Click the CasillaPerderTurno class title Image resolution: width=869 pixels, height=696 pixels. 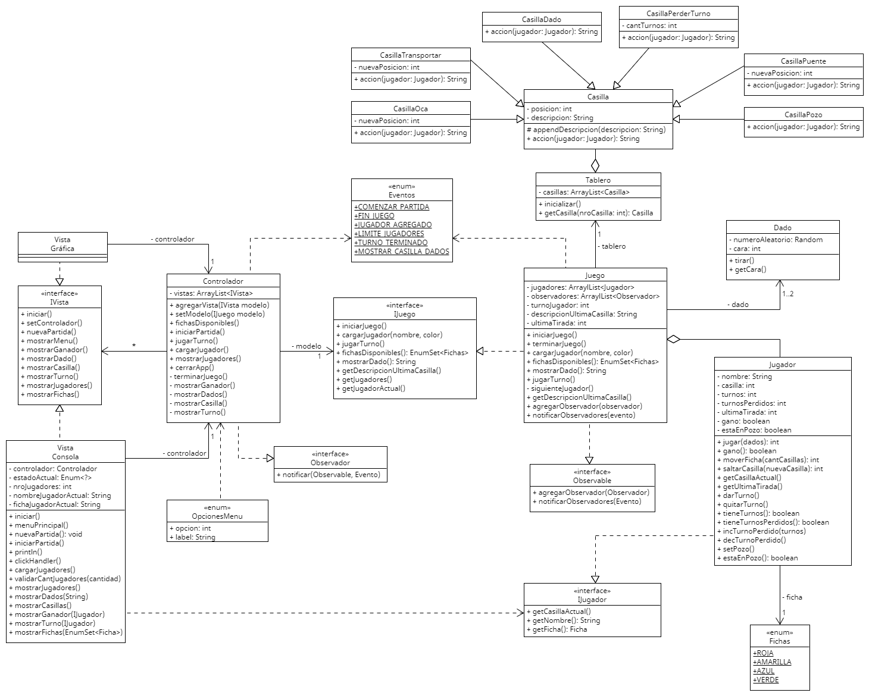pos(678,13)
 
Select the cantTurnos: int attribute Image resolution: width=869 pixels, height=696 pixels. pos(651,26)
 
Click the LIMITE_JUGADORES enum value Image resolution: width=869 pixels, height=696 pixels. pos(389,234)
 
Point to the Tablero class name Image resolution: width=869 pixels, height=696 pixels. pos(598,180)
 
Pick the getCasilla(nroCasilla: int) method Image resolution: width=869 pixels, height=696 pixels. pos(595,213)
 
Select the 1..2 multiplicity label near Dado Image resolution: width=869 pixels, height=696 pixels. pos(787,294)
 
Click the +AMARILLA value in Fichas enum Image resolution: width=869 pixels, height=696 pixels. pos(772,662)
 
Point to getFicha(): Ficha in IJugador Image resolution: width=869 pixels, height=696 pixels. pos(557,629)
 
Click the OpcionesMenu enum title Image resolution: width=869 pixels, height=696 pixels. pos(217,516)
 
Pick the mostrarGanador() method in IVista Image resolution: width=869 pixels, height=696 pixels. pos(54,350)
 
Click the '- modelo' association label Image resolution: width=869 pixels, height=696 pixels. pos(307,346)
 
